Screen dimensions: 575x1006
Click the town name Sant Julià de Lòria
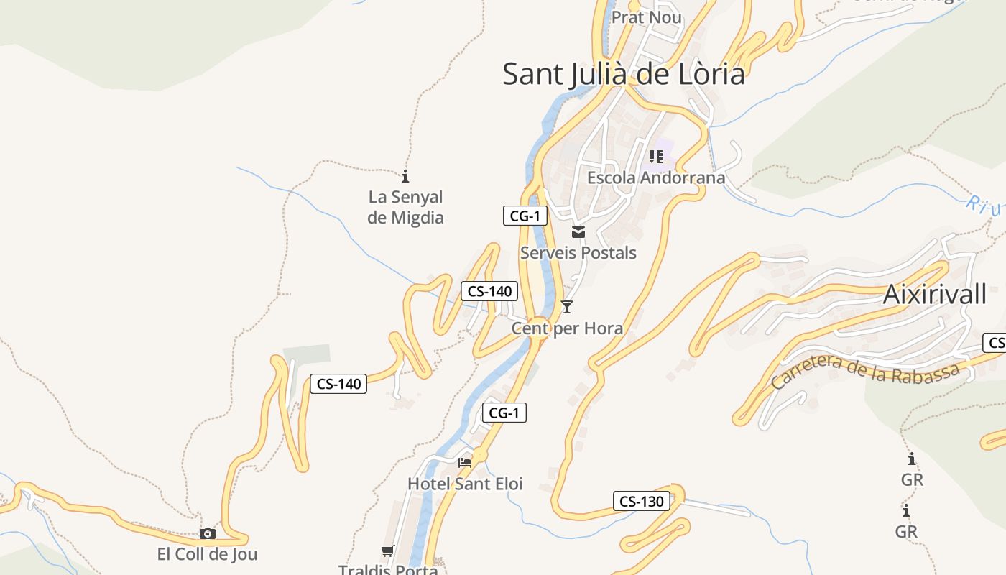coord(623,73)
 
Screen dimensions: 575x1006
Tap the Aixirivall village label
coord(934,294)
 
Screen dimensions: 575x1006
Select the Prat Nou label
coord(646,17)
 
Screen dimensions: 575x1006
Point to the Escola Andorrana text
coord(655,177)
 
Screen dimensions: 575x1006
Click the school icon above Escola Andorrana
coord(655,156)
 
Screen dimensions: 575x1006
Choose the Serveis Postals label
coord(578,252)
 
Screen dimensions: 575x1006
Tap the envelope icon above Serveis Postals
coord(578,232)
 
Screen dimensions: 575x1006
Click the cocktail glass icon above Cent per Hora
coord(567,307)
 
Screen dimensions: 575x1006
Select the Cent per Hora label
coord(567,328)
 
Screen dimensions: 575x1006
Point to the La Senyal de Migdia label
coord(405,207)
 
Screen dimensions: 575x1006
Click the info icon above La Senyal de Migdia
coord(405,175)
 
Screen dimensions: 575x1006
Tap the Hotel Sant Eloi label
coord(465,484)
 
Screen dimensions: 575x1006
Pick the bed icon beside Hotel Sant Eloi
coord(465,462)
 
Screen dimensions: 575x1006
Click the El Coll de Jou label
coord(207,554)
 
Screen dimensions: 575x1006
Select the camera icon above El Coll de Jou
coord(207,533)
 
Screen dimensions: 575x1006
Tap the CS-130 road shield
coord(641,501)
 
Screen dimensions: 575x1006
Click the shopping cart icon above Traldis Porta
coord(388,551)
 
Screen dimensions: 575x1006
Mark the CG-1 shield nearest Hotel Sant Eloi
coord(504,413)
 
